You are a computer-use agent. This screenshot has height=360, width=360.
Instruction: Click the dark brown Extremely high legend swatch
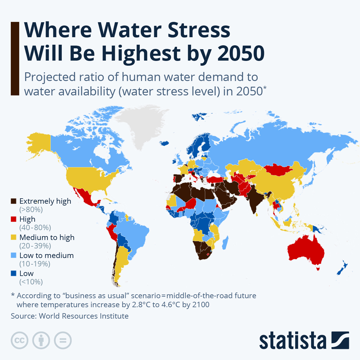[x=13, y=201]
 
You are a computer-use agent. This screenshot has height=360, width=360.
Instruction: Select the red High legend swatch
[x=13, y=219]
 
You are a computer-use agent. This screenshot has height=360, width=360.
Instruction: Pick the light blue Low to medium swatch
[x=13, y=256]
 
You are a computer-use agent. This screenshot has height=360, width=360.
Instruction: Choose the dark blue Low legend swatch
[x=13, y=274]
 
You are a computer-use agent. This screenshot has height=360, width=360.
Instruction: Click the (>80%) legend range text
[x=31, y=209]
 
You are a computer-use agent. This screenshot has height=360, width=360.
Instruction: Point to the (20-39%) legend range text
[x=35, y=246]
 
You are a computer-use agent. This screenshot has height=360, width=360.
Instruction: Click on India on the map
[x=253, y=198]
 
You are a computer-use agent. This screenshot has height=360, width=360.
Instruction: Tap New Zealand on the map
[x=342, y=268]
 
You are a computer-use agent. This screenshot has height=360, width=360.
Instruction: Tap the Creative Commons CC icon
[x=19, y=340]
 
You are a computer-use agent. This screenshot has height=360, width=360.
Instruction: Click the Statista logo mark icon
[x=340, y=340]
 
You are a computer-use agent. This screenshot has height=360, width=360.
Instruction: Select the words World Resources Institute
[x=84, y=316]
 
